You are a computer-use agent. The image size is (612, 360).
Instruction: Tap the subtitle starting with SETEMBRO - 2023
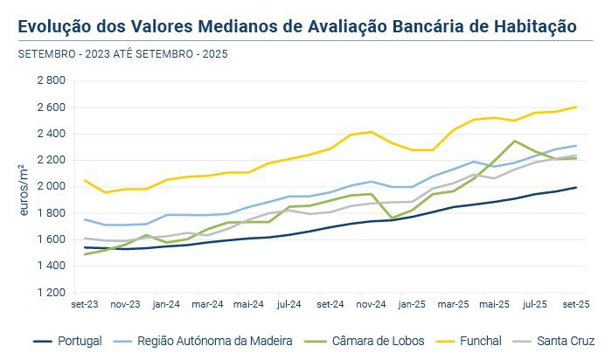122,54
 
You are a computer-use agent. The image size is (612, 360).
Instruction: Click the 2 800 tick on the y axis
51,80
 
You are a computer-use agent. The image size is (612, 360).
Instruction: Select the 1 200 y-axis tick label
51,292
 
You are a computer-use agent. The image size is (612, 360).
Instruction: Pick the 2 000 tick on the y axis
51,186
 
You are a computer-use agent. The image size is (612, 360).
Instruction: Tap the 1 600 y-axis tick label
51,239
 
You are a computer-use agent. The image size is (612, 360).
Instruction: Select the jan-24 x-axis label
166,305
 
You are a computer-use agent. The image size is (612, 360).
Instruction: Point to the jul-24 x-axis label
289,305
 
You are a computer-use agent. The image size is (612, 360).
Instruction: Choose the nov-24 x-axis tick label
371,305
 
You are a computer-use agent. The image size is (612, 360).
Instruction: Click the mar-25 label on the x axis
453,305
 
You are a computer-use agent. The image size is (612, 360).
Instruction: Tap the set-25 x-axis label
575,305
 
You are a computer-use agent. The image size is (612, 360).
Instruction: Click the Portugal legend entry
79,340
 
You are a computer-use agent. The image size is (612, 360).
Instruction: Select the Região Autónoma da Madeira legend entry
215,340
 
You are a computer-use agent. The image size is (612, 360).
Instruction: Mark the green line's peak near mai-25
514,141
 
